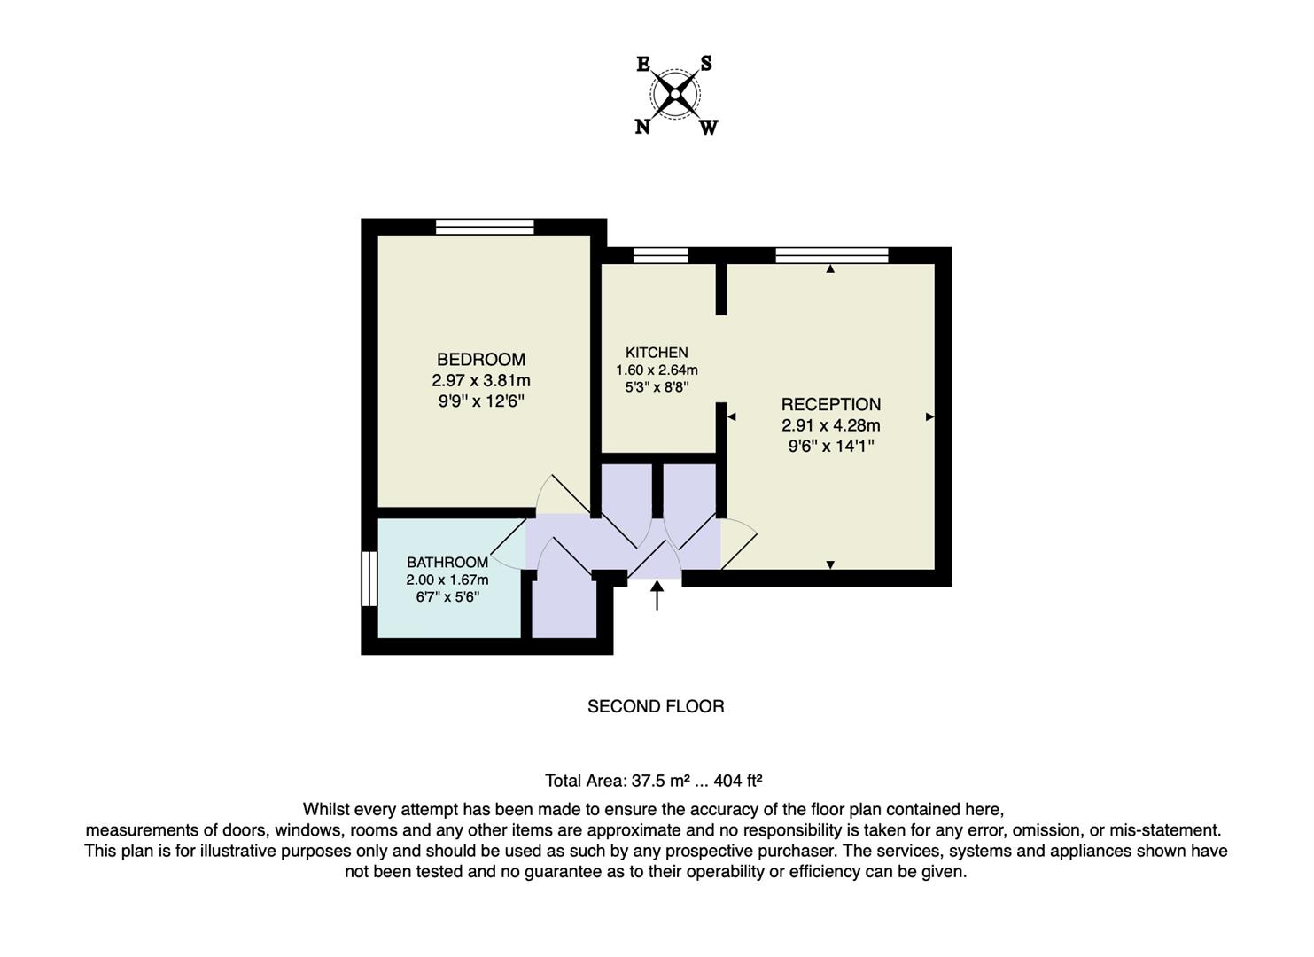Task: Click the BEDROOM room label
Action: point(481,359)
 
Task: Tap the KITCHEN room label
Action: point(657,353)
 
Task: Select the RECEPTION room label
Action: point(830,404)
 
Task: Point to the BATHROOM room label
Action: point(447,562)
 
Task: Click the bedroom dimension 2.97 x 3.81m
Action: point(481,381)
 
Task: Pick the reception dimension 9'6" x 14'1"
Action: point(830,446)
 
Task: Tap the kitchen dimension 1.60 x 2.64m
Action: point(657,370)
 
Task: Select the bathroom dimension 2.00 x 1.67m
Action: point(447,580)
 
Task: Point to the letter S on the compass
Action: point(706,64)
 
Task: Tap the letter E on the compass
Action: point(643,64)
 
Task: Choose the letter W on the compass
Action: point(709,128)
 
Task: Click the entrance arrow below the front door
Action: point(657,595)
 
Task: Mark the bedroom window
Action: point(485,227)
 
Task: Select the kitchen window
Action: point(660,255)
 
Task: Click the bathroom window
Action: point(369,578)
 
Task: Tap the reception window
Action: point(832,255)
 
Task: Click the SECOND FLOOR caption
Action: point(656,706)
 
